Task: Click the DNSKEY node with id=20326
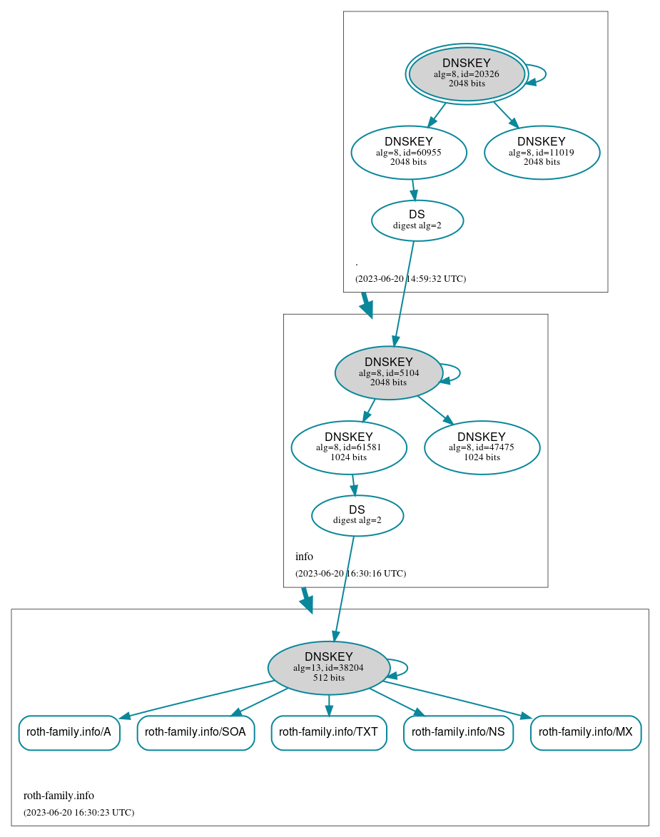click(x=467, y=73)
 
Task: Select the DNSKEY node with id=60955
click(x=409, y=152)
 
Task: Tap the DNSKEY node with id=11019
click(x=542, y=152)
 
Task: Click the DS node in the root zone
click(x=417, y=220)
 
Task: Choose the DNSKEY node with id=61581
click(x=349, y=447)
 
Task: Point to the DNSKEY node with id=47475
click(x=482, y=447)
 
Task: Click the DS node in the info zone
click(x=357, y=515)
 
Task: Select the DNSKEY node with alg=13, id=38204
click(x=329, y=668)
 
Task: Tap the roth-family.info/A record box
click(x=69, y=732)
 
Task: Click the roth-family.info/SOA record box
click(x=196, y=732)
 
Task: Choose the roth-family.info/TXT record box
click(x=329, y=732)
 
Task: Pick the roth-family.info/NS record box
click(x=458, y=732)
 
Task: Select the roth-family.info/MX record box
click(x=586, y=732)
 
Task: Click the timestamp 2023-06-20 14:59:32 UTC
click(x=410, y=279)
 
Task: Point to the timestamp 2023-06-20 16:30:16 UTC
click(x=350, y=574)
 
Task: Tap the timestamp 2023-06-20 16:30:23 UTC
click(x=78, y=813)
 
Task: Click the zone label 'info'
click(x=304, y=557)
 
